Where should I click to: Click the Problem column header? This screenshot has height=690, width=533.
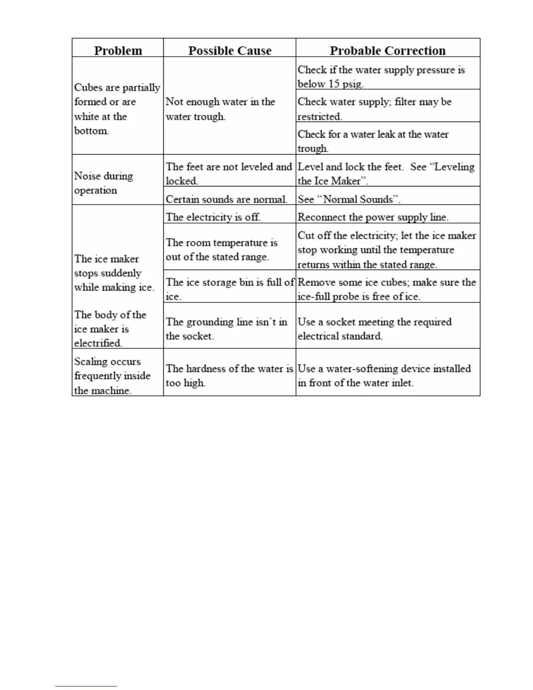tap(118, 51)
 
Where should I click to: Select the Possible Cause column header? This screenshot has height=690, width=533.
tap(229, 51)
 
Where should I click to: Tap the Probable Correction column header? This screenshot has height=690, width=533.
tap(388, 51)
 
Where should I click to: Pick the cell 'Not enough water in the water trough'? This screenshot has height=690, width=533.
tap(220, 109)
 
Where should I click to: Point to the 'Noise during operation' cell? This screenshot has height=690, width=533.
tap(104, 183)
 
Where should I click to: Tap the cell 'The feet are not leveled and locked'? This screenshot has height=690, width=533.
tap(229, 173)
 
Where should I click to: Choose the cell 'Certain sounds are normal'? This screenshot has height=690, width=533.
tap(226, 199)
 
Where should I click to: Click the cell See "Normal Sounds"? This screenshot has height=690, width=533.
tap(349, 199)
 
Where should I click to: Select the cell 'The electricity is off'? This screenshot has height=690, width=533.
tap(213, 217)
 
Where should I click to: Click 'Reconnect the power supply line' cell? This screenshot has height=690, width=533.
tap(373, 217)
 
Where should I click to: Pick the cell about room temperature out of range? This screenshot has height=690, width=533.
tap(221, 250)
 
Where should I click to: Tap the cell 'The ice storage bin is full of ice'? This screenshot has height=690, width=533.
tap(229, 289)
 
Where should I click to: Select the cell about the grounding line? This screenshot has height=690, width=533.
tap(226, 328)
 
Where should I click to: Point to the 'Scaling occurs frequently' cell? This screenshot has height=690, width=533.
tap(112, 375)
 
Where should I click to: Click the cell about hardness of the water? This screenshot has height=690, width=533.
tap(229, 375)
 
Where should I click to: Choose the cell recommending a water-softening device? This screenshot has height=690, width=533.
tap(384, 375)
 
